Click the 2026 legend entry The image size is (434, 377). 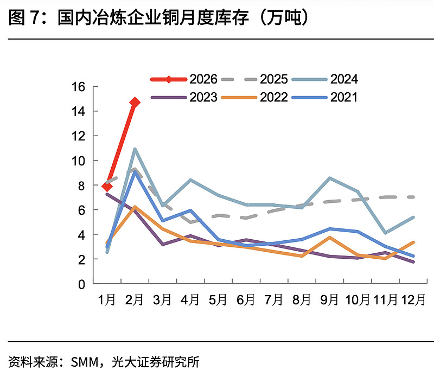pos(184,79)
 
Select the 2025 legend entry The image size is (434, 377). pos(254,79)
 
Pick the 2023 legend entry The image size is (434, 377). pos(184,97)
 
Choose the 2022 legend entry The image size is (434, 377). pos(254,97)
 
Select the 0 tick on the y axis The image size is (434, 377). pos(81,284)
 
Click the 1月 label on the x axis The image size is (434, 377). pos(107,300)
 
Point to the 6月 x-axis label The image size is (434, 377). pos(246,300)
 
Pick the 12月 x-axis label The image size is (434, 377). pos(412,300)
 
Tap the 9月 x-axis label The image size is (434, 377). pos(329,300)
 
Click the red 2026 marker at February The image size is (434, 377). pos(135,102)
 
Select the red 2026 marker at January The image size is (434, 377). pos(107,187)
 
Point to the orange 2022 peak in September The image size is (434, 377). pos(330,238)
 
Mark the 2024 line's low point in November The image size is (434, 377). pos(385,233)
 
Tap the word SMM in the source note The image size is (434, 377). pos(87,361)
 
